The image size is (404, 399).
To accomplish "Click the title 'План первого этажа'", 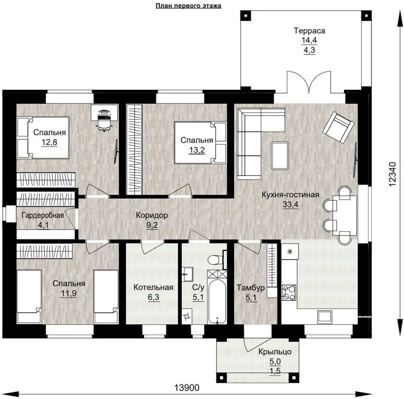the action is [x=188, y=6].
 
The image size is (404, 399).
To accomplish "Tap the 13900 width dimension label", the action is [x=187, y=388].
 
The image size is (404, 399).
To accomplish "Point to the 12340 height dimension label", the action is [x=392, y=174].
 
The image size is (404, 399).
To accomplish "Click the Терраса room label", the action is [x=309, y=31].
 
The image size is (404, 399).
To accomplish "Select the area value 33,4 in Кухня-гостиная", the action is [x=291, y=204].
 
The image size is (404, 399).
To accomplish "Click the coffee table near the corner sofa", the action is [x=280, y=156].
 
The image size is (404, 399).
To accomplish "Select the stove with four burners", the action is [x=289, y=293].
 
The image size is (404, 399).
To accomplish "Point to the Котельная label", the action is [x=153, y=287].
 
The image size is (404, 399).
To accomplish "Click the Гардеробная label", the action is [x=43, y=215].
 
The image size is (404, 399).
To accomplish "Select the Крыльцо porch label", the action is [x=275, y=352].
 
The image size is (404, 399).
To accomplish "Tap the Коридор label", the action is [x=152, y=215].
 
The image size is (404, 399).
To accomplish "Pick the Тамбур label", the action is [x=251, y=288].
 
